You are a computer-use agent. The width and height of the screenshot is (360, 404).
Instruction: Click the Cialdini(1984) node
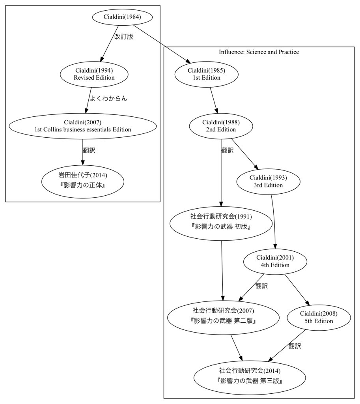122,17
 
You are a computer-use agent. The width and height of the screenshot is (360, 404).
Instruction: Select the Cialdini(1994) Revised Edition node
94,74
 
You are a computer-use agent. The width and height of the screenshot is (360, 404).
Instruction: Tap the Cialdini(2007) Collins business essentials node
83,126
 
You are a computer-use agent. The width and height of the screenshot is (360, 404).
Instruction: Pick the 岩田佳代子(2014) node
83,181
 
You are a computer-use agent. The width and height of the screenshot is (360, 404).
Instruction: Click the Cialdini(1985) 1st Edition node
207,74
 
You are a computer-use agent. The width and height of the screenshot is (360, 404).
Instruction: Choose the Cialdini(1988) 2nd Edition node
221,126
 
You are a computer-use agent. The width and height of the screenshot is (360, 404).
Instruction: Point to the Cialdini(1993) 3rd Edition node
269,181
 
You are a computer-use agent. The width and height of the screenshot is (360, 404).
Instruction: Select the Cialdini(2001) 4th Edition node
275,262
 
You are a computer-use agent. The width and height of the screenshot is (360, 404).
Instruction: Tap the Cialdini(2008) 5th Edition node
319,318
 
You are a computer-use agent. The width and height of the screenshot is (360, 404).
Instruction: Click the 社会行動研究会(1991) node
221,223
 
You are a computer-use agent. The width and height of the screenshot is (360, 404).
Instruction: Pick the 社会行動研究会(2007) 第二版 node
223,318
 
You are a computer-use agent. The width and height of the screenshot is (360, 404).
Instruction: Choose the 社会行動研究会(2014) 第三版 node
250,378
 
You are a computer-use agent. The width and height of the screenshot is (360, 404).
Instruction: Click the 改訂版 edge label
124,37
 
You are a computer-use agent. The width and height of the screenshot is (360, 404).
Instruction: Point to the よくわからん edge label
108,98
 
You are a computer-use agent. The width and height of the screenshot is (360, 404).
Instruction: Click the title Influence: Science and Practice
259,52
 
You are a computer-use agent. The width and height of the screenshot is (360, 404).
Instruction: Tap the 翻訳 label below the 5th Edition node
295,346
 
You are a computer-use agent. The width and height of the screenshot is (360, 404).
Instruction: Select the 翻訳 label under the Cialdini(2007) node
89,150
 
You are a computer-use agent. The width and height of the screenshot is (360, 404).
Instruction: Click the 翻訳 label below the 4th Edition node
261,286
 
